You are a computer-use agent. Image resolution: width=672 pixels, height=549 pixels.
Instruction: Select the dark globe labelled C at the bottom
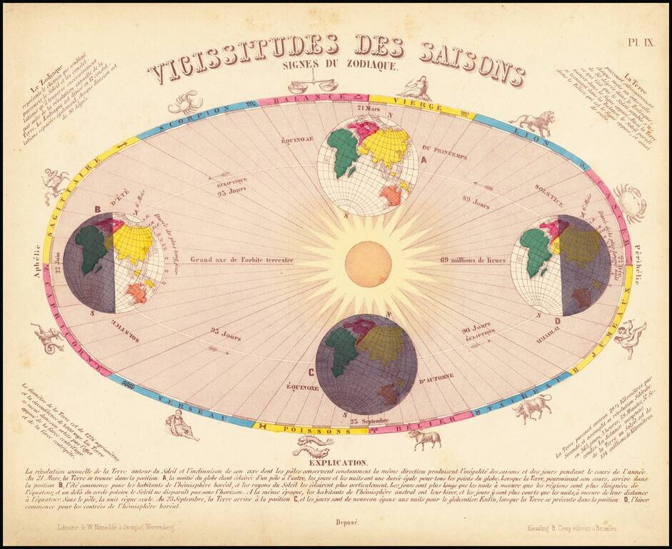[366, 364]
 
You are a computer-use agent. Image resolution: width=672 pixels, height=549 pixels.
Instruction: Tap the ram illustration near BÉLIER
[425, 437]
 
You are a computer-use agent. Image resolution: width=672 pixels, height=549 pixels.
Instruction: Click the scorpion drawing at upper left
[184, 102]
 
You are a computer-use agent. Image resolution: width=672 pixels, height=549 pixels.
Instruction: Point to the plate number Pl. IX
[641, 42]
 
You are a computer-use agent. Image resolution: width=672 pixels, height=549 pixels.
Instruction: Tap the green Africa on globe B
[91, 247]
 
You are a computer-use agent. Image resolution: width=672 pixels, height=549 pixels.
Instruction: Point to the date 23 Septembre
[369, 422]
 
